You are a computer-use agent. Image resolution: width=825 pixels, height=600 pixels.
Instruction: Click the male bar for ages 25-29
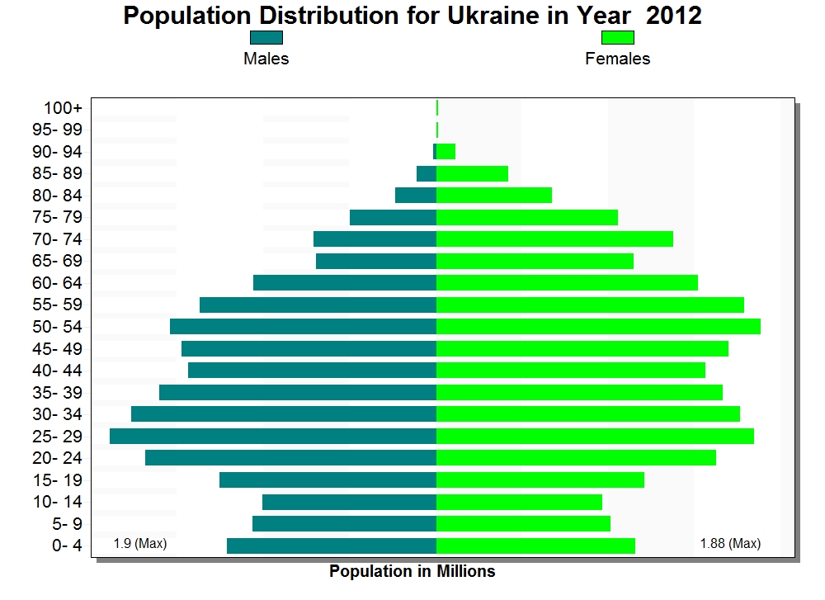click(x=272, y=436)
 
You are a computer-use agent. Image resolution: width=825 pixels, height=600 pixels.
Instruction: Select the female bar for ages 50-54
click(x=598, y=326)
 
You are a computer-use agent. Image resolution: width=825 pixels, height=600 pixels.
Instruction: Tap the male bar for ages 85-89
click(x=426, y=173)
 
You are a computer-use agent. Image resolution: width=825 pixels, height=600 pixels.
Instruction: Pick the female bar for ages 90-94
click(x=445, y=151)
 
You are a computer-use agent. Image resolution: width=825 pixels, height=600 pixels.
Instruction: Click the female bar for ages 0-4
click(x=535, y=546)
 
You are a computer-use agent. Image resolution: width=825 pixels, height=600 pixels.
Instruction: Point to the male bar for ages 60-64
click(x=344, y=282)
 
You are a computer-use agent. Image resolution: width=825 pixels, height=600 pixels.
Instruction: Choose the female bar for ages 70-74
click(x=554, y=239)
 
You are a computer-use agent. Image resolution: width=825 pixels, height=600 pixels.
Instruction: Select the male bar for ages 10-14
click(x=349, y=502)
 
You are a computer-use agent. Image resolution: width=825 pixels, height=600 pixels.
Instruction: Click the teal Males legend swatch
click(x=266, y=38)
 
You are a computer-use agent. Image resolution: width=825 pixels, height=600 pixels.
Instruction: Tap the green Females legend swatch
click(x=617, y=38)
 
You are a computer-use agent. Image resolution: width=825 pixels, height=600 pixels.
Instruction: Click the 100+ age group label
click(x=64, y=108)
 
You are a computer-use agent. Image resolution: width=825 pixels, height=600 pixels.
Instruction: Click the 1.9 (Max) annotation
click(x=140, y=543)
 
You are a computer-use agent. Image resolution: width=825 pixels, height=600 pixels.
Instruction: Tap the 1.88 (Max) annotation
click(x=730, y=543)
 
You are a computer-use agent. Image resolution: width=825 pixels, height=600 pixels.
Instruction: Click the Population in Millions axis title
click(x=412, y=571)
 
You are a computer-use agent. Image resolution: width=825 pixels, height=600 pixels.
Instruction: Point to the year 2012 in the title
click(x=674, y=15)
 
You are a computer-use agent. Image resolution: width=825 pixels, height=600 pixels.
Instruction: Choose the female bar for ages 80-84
click(x=493, y=195)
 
